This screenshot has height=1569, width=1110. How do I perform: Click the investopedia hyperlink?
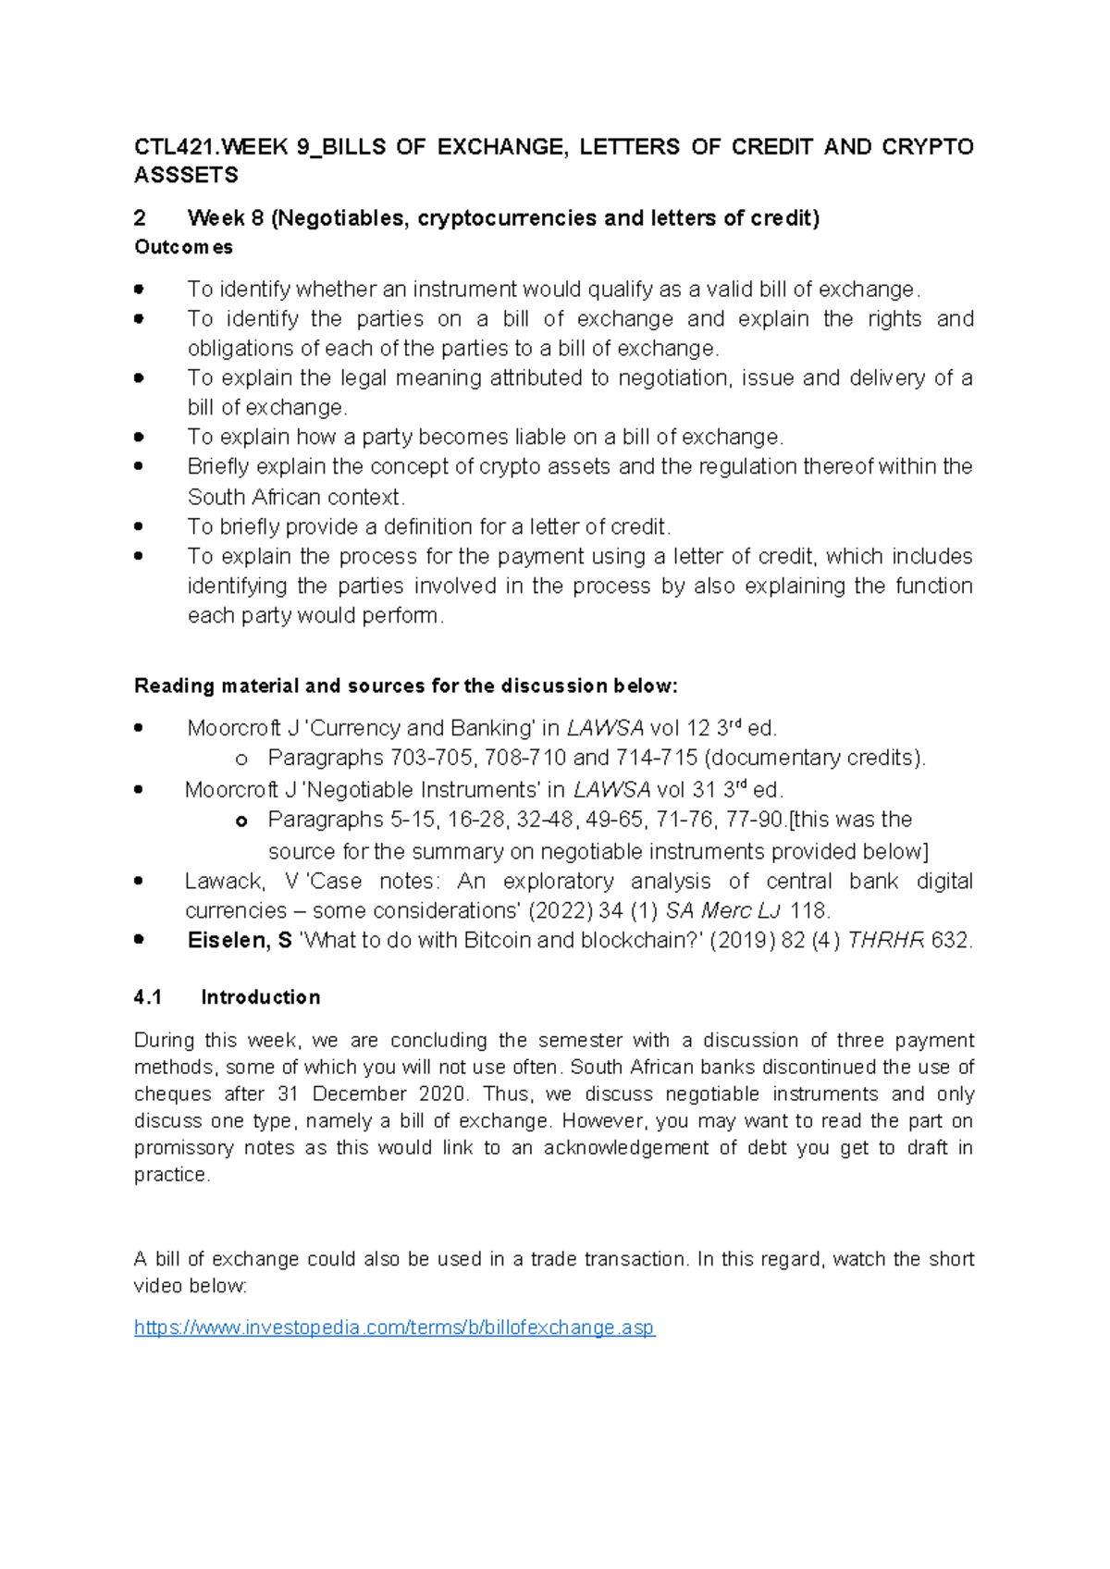[x=394, y=1328]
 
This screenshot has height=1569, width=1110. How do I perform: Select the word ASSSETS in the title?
[x=186, y=175]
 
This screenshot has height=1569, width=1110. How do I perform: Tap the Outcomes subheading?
[x=183, y=247]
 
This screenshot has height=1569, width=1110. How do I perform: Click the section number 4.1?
[x=148, y=997]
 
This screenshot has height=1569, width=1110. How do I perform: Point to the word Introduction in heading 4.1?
[x=261, y=997]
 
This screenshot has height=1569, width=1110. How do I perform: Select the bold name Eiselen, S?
[x=240, y=940]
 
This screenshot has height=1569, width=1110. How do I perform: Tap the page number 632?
[x=952, y=940]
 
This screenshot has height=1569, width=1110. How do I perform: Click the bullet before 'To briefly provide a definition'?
[x=139, y=526]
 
